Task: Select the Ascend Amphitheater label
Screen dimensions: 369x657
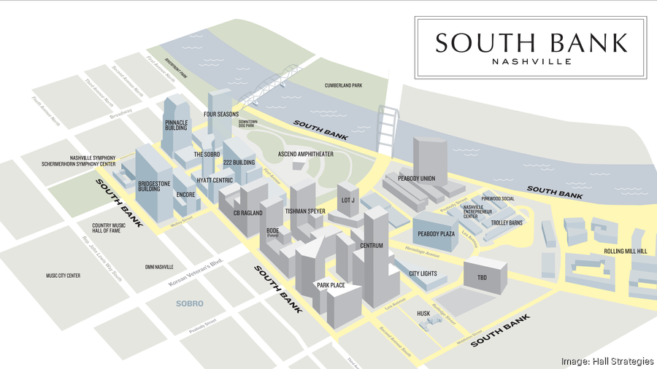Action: tap(306, 155)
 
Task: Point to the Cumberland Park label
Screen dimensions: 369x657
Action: tap(343, 86)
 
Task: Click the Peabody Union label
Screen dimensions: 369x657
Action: tap(416, 179)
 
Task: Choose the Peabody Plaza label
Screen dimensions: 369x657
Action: tap(436, 234)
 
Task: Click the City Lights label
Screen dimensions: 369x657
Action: tap(423, 273)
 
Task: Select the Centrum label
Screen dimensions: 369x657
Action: tap(371, 246)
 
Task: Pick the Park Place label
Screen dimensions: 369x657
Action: tap(331, 285)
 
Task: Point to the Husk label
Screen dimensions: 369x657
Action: tap(423, 314)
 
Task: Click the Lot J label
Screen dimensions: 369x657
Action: tap(347, 200)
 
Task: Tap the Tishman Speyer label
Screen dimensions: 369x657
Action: tap(305, 211)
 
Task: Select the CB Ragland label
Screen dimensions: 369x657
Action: tap(247, 213)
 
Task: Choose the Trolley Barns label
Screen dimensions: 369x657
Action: tap(506, 222)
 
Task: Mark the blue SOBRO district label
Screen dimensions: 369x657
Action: tap(189, 303)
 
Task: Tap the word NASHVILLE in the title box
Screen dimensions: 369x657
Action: tap(531, 62)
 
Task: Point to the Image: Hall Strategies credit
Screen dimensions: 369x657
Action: tap(605, 361)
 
